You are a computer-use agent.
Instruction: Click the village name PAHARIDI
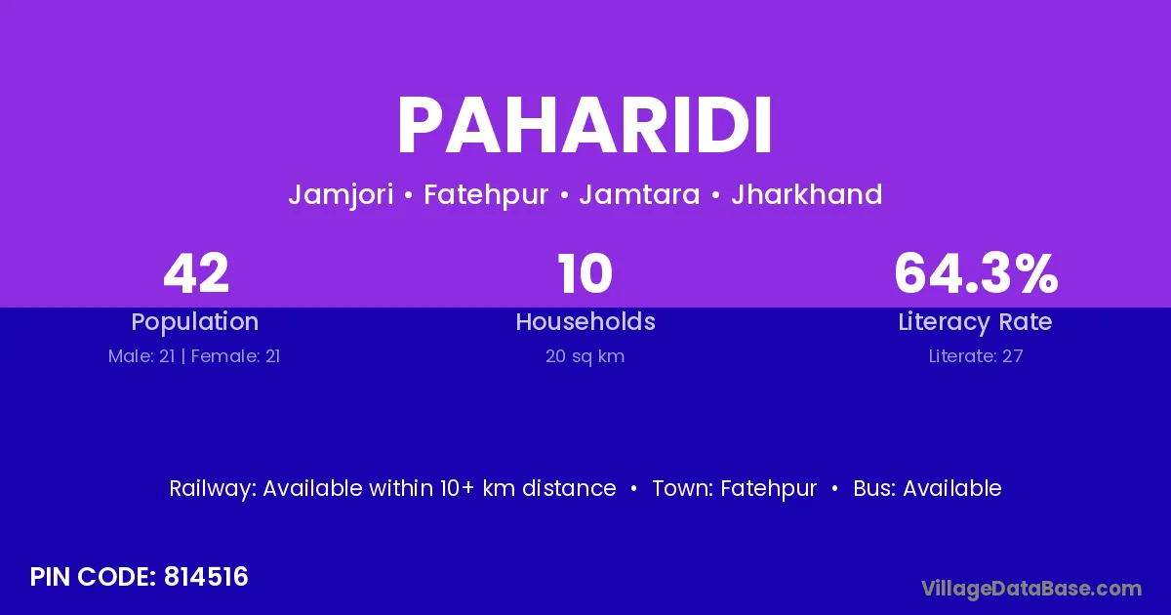point(585,126)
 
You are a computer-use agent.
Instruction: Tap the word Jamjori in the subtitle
point(341,195)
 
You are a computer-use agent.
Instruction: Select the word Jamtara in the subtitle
point(639,194)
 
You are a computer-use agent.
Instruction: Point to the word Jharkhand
point(807,194)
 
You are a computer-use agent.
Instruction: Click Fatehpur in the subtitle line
point(486,195)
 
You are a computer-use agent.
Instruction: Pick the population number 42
point(196,273)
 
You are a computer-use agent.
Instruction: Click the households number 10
point(585,273)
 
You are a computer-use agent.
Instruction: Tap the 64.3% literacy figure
point(976,273)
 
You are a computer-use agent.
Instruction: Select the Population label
point(195,322)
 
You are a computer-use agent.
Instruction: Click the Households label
point(585,321)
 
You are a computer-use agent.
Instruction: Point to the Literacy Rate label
point(975,322)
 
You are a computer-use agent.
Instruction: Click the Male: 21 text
point(141,356)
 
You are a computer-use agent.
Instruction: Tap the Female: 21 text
point(236,356)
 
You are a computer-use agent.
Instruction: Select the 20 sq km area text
point(585,356)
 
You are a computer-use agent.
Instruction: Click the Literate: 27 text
point(976,356)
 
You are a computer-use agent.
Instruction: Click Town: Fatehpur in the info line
point(735,489)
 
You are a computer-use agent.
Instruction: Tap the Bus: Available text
point(927,488)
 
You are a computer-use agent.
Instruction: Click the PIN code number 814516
point(206,577)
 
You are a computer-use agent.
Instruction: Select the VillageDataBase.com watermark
point(1031,589)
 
